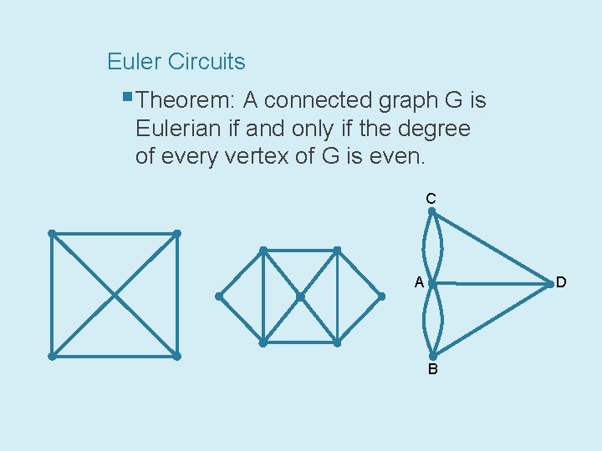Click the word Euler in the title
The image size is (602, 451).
[x=134, y=62]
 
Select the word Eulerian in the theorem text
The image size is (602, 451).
[x=177, y=129]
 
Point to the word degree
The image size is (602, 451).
[x=437, y=129]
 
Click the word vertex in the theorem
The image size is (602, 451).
[x=255, y=157]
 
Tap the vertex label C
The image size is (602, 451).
[x=431, y=199]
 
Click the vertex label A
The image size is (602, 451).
[x=420, y=283]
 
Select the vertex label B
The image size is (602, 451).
[x=432, y=369]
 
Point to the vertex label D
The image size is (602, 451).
[x=561, y=282]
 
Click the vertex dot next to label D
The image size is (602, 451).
[x=549, y=284]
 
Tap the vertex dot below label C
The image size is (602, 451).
[x=432, y=212]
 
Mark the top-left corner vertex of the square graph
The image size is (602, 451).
[x=52, y=234]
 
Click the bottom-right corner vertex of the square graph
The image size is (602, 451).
[x=177, y=356]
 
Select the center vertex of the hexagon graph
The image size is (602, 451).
[x=300, y=296]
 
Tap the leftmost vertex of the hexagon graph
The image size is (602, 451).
[x=219, y=296]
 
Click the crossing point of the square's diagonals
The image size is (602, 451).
[x=115, y=295]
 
